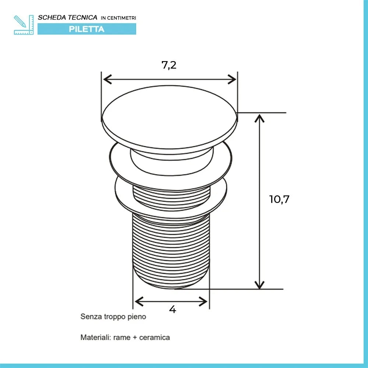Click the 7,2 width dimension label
tap(169, 65)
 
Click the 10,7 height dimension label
tap(279, 199)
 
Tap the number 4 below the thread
tap(173, 309)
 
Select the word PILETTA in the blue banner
tap(86, 29)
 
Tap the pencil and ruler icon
tap(24, 25)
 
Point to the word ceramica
tap(155, 337)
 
